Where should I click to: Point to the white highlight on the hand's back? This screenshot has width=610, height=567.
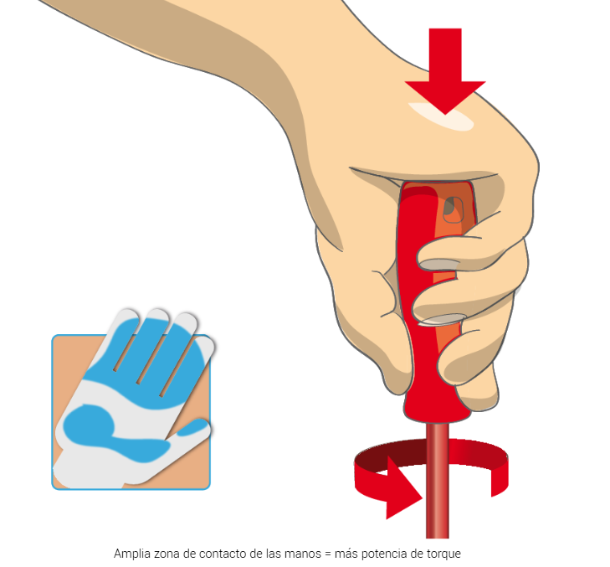point(441,116)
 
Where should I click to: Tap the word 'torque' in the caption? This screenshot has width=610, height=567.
point(443,554)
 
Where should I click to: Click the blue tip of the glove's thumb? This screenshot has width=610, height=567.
point(193,426)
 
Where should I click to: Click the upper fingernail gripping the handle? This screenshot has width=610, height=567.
point(438,265)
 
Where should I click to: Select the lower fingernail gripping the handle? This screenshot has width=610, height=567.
point(442,319)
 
